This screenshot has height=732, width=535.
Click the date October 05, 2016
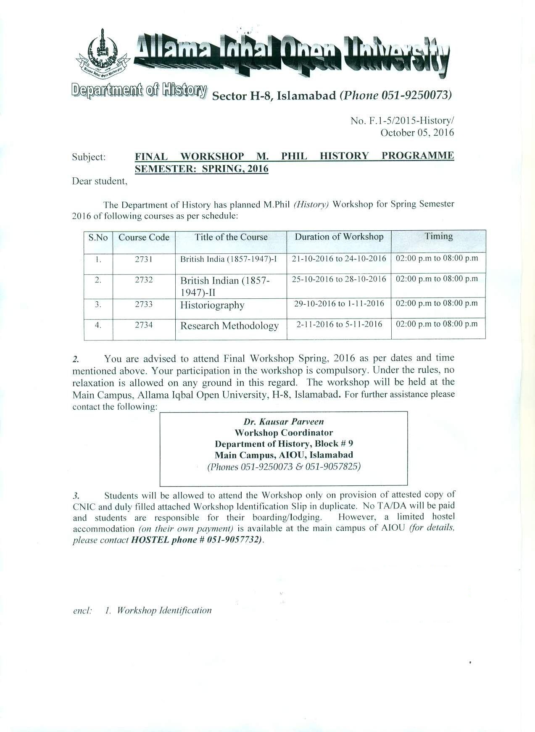click(417, 133)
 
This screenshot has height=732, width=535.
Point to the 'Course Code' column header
click(144, 237)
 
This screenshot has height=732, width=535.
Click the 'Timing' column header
click(438, 236)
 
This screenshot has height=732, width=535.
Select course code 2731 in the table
click(144, 259)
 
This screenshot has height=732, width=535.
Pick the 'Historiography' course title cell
click(212, 305)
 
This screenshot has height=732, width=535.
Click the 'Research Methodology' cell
click(229, 326)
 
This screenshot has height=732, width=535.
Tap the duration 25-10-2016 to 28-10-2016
click(339, 279)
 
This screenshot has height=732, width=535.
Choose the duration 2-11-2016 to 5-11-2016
click(339, 324)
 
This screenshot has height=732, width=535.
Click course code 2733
click(144, 304)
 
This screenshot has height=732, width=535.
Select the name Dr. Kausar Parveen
click(284, 421)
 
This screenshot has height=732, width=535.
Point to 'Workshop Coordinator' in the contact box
click(284, 433)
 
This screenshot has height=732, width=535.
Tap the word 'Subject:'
click(89, 157)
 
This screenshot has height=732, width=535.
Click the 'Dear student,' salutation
click(100, 181)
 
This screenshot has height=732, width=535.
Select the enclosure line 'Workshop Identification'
click(164, 610)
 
